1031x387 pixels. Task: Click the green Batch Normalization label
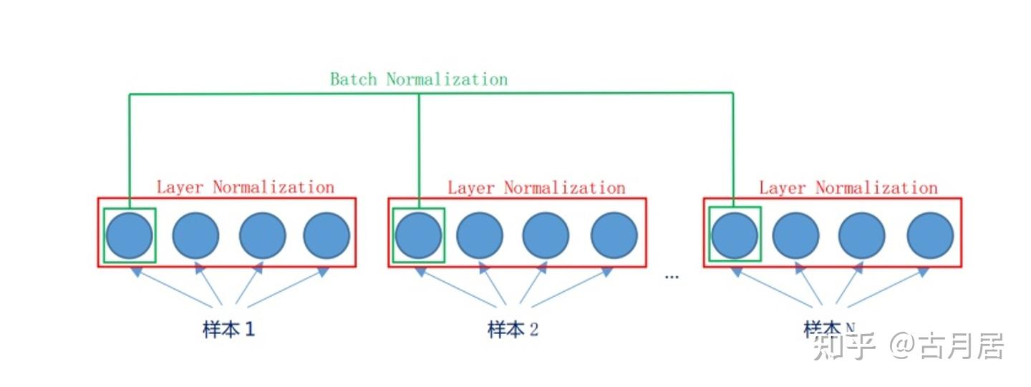(418, 79)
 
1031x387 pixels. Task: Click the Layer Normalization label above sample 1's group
(245, 187)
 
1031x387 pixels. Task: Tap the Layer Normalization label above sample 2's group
(536, 188)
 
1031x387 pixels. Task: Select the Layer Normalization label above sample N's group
(848, 188)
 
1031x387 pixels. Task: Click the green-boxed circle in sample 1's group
(129, 235)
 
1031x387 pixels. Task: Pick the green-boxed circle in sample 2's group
(419, 235)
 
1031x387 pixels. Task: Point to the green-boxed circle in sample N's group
(734, 235)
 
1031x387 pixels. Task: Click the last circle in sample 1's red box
(326, 235)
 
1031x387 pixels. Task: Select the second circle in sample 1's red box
(195, 235)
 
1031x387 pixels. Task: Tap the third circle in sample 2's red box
(546, 235)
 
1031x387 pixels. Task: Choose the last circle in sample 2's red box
(614, 235)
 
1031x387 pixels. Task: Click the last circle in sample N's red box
(930, 235)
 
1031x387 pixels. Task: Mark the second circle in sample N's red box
(795, 235)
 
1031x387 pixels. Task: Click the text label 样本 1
(228, 330)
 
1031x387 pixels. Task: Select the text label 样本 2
(513, 330)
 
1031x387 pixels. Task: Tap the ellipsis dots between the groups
(672, 276)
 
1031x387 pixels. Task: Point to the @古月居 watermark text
(947, 346)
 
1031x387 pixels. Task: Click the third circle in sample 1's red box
(262, 235)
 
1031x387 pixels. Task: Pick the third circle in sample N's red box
(861, 235)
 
